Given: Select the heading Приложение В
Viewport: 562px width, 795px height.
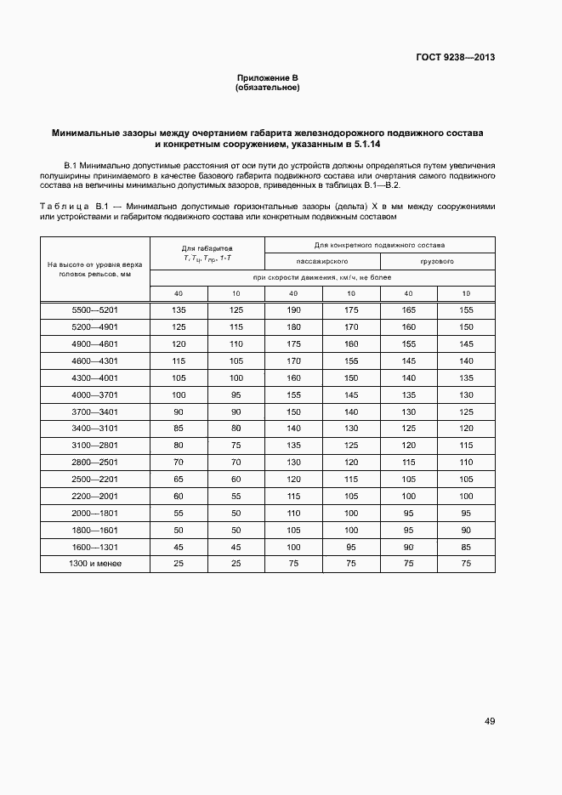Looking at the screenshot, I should click(x=268, y=78).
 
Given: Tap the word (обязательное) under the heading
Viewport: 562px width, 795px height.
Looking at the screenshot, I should click(x=268, y=88).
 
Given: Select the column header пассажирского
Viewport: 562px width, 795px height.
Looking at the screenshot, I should click(x=322, y=261).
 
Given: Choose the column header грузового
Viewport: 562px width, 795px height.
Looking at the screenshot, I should click(x=437, y=261).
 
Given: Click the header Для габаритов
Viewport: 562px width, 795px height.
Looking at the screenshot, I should click(x=207, y=247).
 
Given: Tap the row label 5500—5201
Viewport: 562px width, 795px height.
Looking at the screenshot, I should click(x=94, y=309).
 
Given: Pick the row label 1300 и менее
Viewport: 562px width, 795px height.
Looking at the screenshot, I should click(x=94, y=563).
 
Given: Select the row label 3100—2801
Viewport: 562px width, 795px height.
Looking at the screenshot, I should click(x=94, y=445).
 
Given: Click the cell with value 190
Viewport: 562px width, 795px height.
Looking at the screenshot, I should click(x=293, y=309).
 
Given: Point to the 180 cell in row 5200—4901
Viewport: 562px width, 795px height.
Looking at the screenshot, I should click(x=293, y=327).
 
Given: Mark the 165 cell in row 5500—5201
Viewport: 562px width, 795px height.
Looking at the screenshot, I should click(x=408, y=309).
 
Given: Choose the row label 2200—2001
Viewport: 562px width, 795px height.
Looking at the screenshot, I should click(x=94, y=496).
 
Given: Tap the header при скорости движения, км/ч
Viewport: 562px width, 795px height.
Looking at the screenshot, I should click(x=321, y=278).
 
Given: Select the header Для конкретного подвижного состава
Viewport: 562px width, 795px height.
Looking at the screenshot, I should click(x=379, y=245).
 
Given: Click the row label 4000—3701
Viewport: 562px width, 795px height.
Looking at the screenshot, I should click(x=94, y=395).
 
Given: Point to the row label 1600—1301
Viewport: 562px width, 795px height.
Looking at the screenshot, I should click(x=94, y=546).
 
